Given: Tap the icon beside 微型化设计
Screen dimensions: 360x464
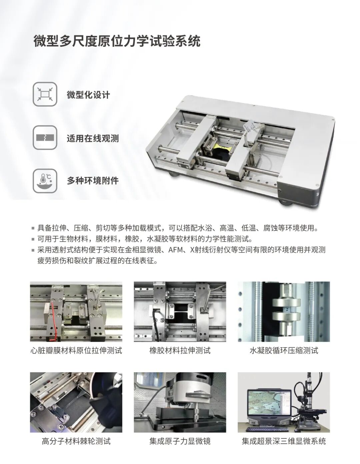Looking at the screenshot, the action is [45, 94].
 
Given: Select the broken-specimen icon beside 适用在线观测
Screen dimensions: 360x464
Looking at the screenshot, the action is [45, 137].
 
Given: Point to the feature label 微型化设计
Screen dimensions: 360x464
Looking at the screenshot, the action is [89, 95].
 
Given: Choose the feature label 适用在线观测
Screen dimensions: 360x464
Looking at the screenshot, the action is [93, 138].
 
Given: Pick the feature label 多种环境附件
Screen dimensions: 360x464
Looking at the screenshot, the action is [93, 181].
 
